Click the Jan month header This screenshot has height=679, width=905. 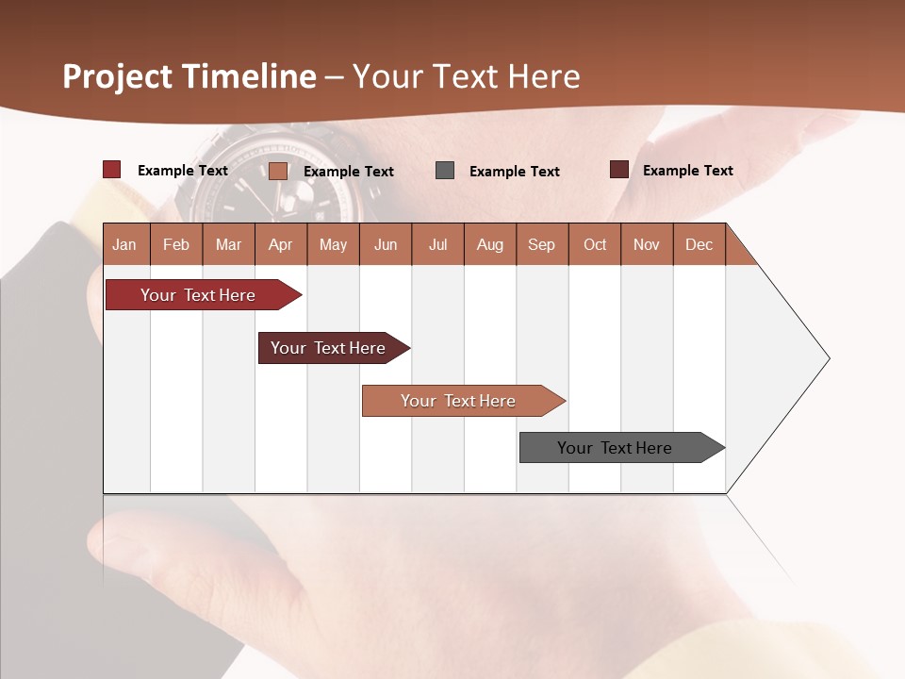point(124,244)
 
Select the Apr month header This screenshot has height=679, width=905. point(280,244)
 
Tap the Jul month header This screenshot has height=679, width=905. point(437,244)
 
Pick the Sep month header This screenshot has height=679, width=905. point(541,244)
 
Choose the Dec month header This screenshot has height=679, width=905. point(699,244)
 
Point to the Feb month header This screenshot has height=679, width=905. point(176,244)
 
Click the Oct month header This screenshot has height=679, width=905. point(595,244)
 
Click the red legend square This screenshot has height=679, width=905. point(112,170)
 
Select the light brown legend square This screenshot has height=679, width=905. point(278,171)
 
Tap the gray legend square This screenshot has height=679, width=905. point(445,171)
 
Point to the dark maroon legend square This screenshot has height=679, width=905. point(619,170)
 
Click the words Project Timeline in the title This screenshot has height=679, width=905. point(189,76)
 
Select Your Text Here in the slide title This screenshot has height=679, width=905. point(467,76)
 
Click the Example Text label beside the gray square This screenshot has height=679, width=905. point(515,172)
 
